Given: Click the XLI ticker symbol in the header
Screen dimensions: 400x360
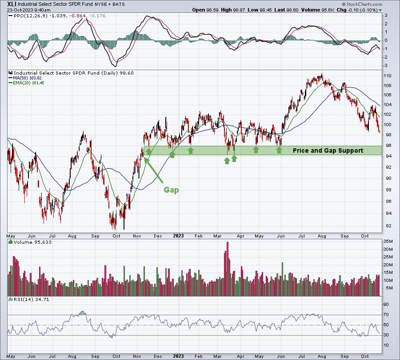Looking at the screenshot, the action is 12,4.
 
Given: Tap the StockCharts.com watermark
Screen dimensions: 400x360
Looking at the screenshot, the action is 362,4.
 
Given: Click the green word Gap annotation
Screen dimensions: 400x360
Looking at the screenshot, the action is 171,190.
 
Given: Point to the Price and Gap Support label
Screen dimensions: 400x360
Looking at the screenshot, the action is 328,150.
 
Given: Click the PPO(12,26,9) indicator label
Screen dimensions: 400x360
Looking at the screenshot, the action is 31,16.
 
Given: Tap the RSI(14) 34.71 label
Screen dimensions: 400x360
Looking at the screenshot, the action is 31,299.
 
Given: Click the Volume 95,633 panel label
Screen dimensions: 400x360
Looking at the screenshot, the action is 32,242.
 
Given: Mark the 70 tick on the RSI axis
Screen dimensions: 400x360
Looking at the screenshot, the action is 386,315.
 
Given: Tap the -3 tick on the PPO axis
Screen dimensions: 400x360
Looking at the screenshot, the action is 386,66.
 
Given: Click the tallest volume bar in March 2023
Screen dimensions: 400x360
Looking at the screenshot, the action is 227,269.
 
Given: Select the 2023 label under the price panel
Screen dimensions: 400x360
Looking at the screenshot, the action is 178,236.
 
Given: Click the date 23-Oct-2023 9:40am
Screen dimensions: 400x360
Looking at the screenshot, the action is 28,10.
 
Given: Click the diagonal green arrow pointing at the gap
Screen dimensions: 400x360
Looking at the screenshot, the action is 154,170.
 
